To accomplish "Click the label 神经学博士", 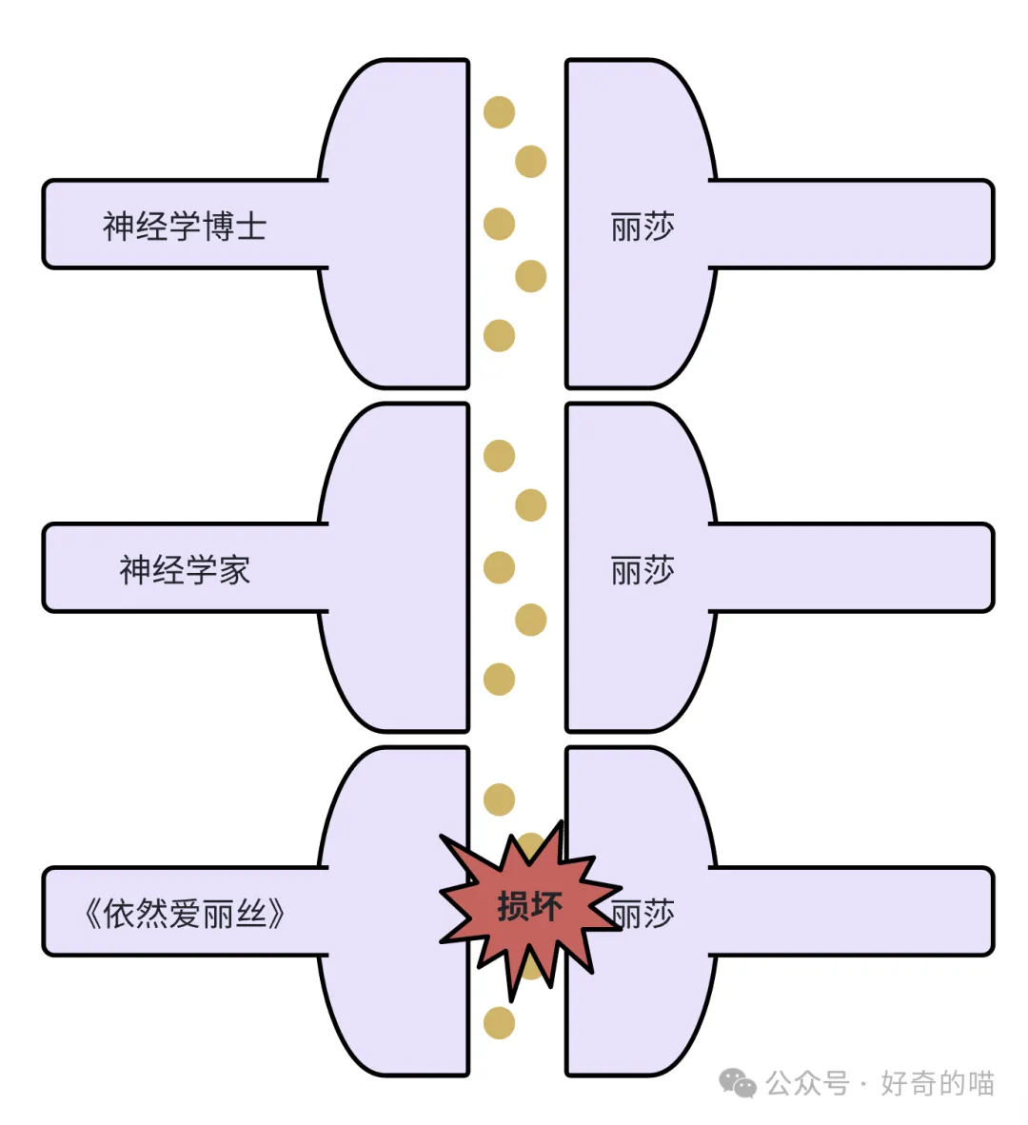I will (185, 227).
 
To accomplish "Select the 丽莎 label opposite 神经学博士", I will (642, 227).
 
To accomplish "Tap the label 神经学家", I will (185, 570).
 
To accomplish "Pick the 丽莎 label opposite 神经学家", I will (642, 570).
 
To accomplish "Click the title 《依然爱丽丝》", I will (185, 914).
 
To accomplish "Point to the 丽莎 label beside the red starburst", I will (644, 914).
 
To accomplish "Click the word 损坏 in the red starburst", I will (529, 906).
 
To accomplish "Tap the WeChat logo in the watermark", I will (737, 1082).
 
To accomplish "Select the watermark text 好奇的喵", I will (937, 1083).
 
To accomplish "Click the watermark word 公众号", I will (807, 1083).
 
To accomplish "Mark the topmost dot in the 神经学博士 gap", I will (499, 112).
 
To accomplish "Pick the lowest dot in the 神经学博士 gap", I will (499, 335).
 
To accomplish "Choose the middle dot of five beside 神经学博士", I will (499, 224).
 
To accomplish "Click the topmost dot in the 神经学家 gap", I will (499, 456).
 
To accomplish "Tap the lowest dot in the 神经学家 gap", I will (499, 679).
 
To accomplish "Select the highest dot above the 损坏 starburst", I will (499, 799).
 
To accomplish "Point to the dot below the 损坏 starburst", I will (499, 1023).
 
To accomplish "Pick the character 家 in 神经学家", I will (233, 570).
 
